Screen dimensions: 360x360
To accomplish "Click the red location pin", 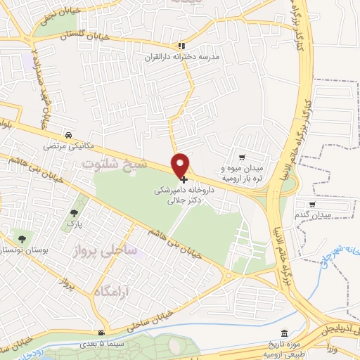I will point(181,165).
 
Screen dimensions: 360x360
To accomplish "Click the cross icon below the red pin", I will point(184,180).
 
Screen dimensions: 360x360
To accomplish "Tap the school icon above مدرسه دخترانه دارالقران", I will point(181,44).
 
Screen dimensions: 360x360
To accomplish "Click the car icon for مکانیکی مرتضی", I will point(67,135).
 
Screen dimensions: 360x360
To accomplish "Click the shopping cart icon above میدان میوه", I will point(242,157).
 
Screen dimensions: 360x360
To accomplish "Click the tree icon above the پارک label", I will point(74,212).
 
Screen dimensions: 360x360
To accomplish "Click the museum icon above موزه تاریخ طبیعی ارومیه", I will point(284,333).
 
